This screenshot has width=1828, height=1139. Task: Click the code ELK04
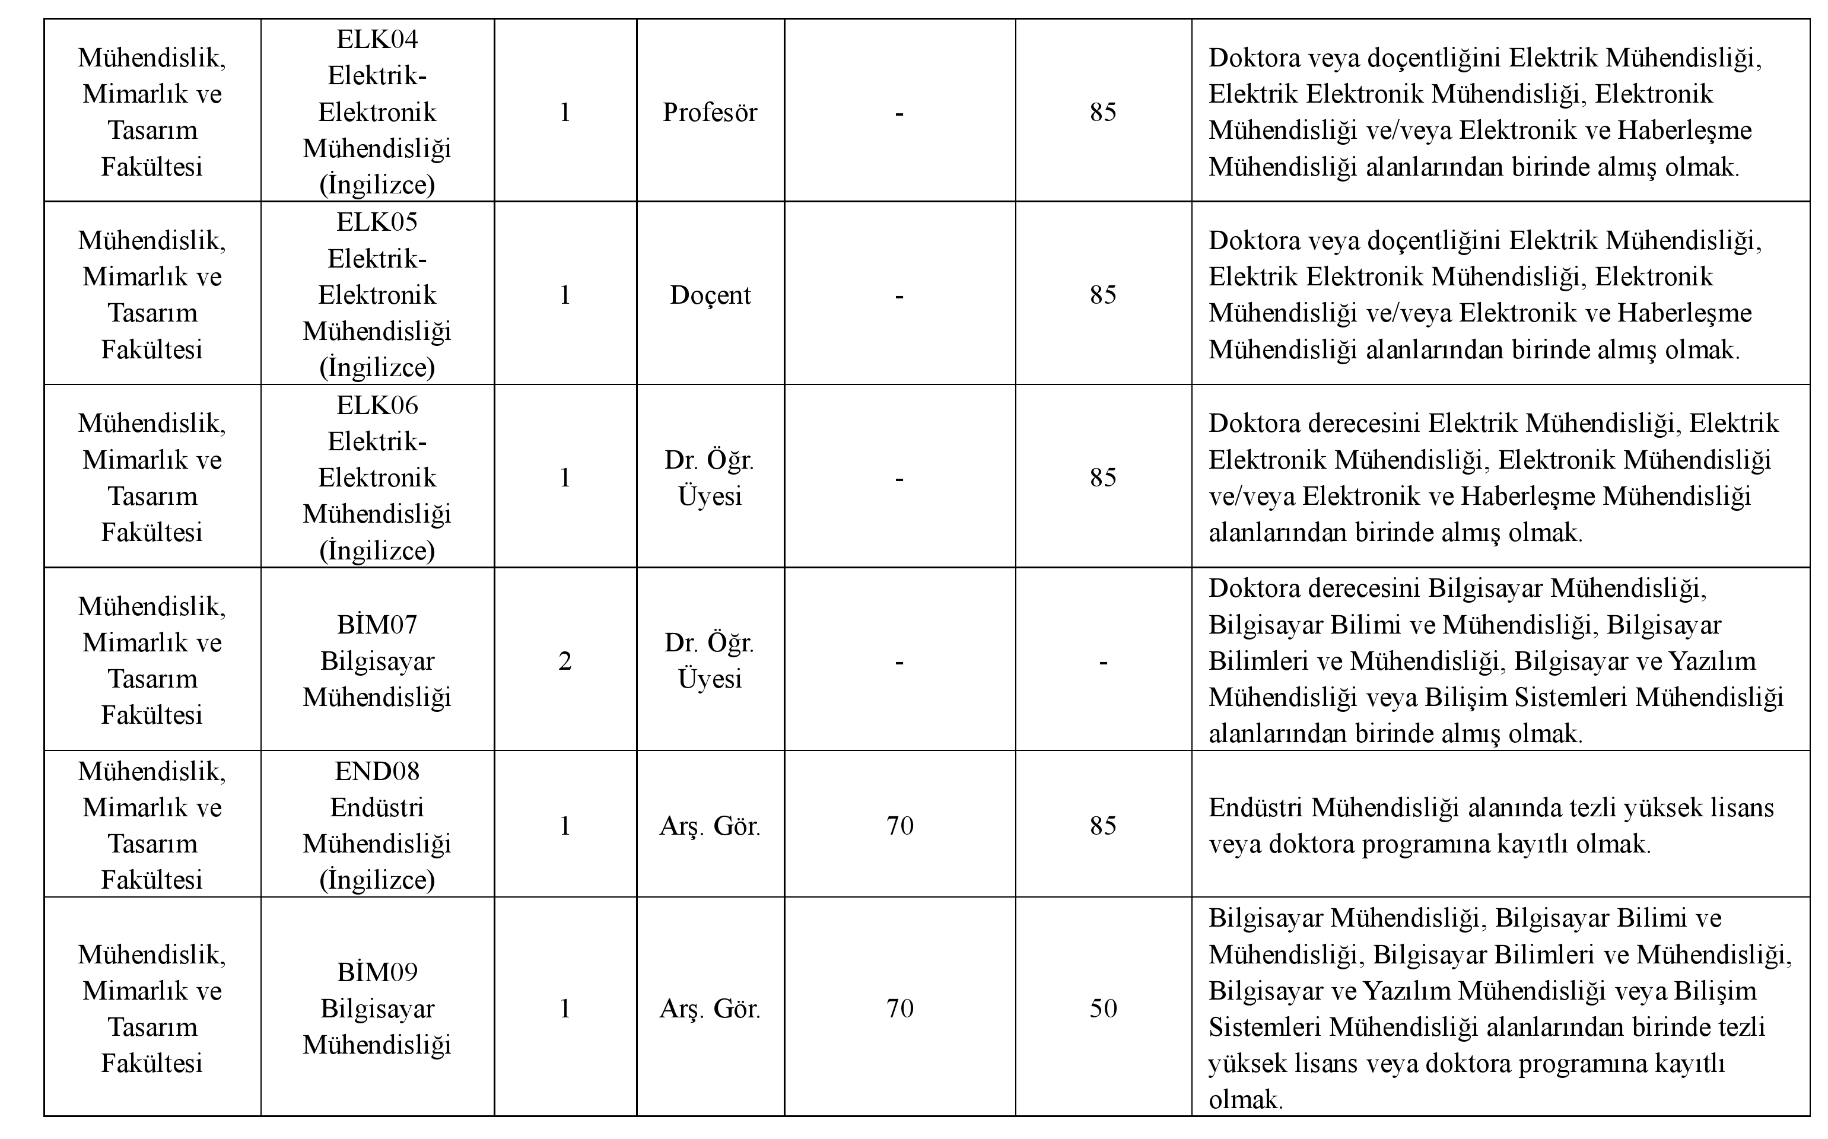coord(377,39)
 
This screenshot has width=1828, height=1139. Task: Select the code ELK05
coord(377,222)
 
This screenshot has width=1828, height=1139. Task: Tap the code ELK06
coord(377,405)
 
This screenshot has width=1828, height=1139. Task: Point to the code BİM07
coord(377,625)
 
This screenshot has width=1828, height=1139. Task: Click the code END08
coord(377,771)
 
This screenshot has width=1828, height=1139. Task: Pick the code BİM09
coord(377,972)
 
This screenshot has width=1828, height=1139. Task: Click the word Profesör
coord(710,112)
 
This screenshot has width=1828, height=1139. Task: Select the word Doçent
coord(710,295)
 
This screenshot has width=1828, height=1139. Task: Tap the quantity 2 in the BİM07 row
coord(565,661)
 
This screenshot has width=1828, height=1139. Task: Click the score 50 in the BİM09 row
coord(1103,1008)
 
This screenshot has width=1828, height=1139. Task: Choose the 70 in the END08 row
coord(899,826)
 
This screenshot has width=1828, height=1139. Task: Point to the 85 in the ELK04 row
coord(1103,112)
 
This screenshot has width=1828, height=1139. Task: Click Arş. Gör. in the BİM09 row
coord(710,1008)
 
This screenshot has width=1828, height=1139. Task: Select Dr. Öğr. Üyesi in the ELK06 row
coord(710,478)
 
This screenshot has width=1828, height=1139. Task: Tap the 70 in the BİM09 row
coord(899,1008)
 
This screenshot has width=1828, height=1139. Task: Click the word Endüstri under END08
coord(377,807)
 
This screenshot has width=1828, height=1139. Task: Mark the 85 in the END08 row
coord(1103,826)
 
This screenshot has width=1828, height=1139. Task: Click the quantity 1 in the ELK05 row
coord(565,295)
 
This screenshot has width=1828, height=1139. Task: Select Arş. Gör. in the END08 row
coord(710,826)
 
